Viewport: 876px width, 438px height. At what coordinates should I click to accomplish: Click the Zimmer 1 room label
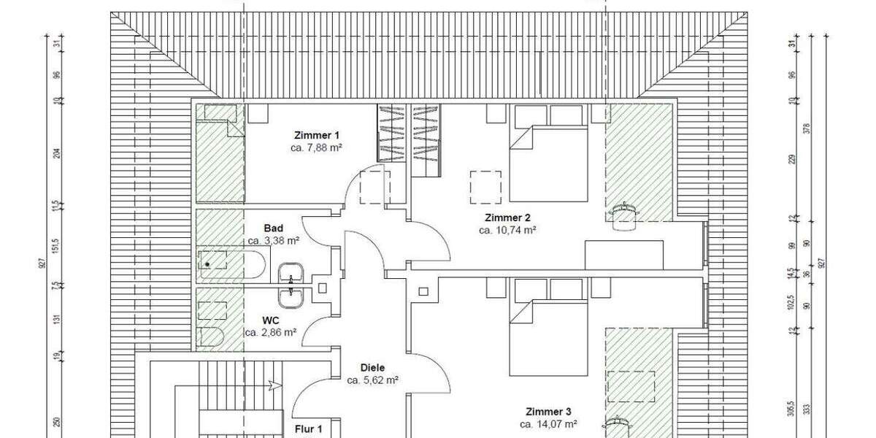pyautogui.click(x=317, y=135)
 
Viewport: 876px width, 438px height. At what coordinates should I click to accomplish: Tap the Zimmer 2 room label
pyautogui.click(x=507, y=218)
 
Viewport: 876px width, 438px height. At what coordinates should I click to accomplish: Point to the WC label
pyautogui.click(x=271, y=320)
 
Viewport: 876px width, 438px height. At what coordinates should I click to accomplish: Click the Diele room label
pyautogui.click(x=372, y=368)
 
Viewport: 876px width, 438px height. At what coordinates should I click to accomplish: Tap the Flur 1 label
pyautogui.click(x=309, y=429)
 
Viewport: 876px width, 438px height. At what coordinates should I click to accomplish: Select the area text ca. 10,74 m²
pyautogui.click(x=508, y=230)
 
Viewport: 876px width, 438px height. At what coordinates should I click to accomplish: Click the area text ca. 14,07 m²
pyautogui.click(x=549, y=423)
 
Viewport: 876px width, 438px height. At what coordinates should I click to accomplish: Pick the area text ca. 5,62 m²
pyautogui.click(x=372, y=380)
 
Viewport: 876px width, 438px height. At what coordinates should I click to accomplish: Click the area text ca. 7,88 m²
pyautogui.click(x=317, y=147)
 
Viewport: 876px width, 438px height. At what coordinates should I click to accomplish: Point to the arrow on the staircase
pyautogui.click(x=274, y=385)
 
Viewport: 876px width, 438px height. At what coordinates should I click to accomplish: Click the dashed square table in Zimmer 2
pyautogui.click(x=485, y=187)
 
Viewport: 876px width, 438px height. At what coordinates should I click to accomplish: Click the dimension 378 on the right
pyautogui.click(x=806, y=129)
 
